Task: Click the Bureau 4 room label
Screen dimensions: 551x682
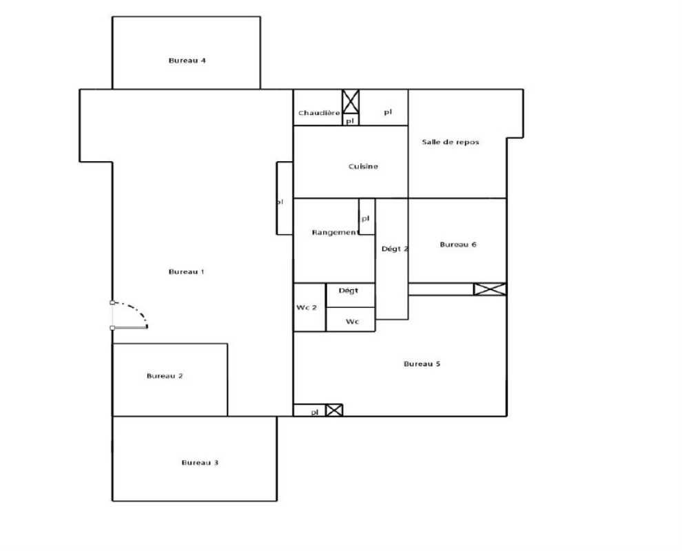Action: pyautogui.click(x=187, y=61)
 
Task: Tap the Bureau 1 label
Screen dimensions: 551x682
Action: pyautogui.click(x=187, y=272)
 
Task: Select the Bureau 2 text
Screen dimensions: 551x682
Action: pyautogui.click(x=165, y=376)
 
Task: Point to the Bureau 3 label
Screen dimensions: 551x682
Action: pyautogui.click(x=200, y=463)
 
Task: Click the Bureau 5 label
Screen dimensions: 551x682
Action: pyautogui.click(x=422, y=364)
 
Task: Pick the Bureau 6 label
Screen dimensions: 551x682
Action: pyautogui.click(x=458, y=245)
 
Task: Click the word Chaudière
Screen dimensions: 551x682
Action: pyautogui.click(x=319, y=113)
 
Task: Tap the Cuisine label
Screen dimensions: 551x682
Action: pyautogui.click(x=363, y=167)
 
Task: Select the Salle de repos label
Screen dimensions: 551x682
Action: pyautogui.click(x=451, y=142)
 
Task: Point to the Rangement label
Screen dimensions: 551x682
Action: pyautogui.click(x=335, y=233)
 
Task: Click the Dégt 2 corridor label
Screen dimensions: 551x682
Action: pyautogui.click(x=394, y=249)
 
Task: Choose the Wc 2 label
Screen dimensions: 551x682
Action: pyautogui.click(x=307, y=307)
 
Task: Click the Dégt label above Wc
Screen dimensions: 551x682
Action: pyautogui.click(x=349, y=291)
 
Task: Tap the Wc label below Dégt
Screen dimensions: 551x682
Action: pyautogui.click(x=352, y=321)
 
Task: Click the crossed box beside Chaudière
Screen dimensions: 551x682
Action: pyautogui.click(x=351, y=102)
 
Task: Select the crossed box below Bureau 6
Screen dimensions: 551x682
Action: pyautogui.click(x=490, y=289)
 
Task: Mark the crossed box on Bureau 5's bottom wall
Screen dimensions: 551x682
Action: pyautogui.click(x=334, y=410)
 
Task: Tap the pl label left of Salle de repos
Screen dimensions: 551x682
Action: pyautogui.click(x=388, y=112)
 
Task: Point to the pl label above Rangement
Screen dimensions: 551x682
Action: pyautogui.click(x=366, y=218)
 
